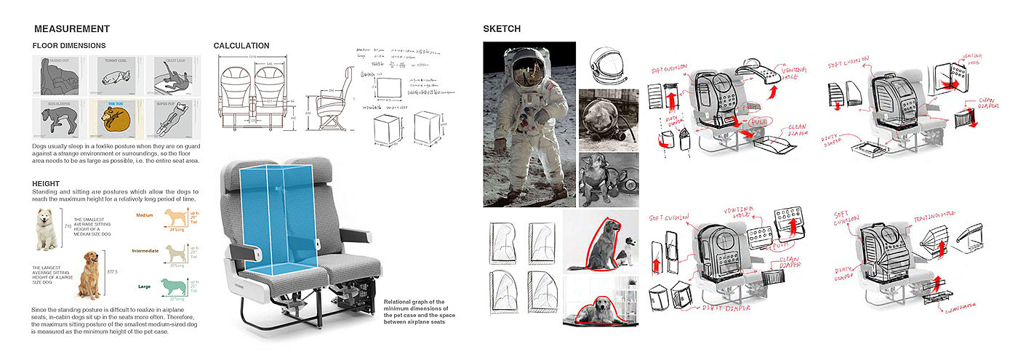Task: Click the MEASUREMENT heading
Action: coord(71,29)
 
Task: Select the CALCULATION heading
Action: coord(241,46)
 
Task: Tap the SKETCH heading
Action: coord(502,29)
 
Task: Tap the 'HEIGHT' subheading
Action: coord(45,184)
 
